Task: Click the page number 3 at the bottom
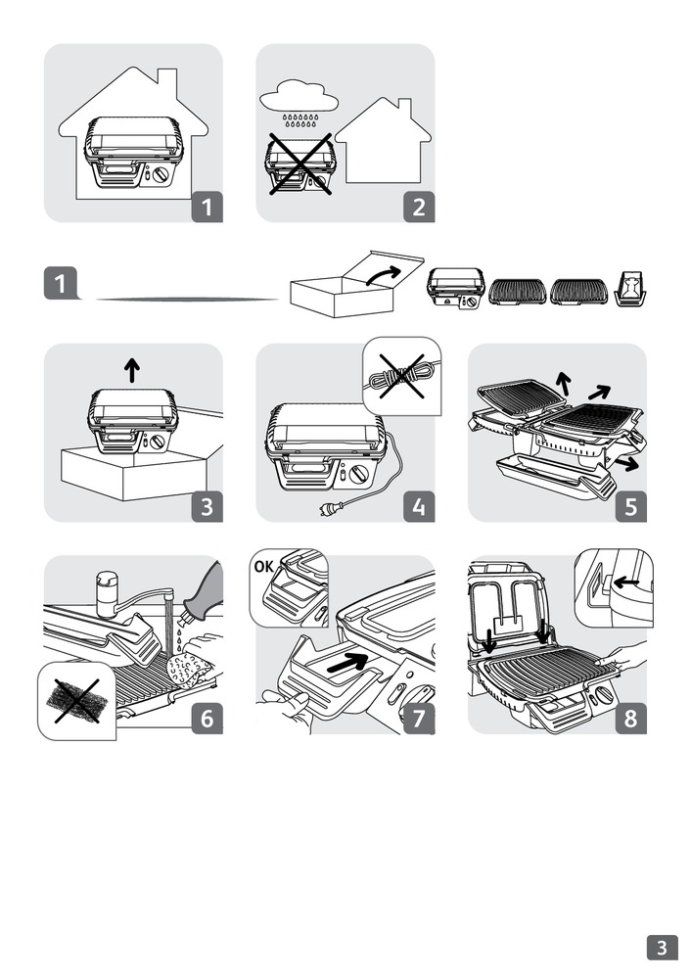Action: tap(663, 947)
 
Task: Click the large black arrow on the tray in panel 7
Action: tap(353, 662)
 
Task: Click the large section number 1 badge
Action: tap(62, 285)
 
